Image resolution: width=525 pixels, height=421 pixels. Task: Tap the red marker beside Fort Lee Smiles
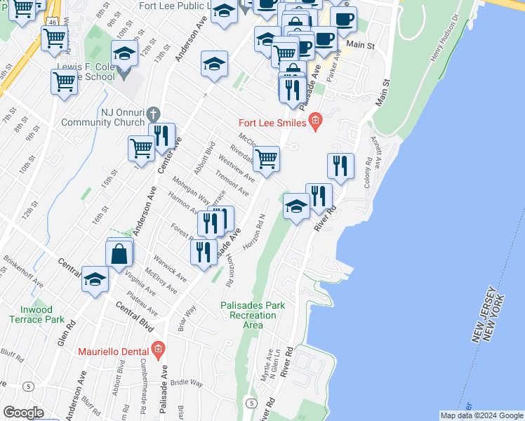click(314, 123)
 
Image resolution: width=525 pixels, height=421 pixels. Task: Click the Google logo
click(23, 413)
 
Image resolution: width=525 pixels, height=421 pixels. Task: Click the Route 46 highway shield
click(53, 22)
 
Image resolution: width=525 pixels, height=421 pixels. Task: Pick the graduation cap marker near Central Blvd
click(95, 279)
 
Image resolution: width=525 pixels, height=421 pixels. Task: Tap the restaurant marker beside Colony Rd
click(340, 166)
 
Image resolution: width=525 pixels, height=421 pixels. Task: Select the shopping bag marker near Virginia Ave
click(119, 254)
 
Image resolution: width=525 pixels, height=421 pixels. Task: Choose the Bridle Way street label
click(187, 383)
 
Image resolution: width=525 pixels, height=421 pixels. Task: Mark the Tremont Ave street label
click(232, 183)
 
